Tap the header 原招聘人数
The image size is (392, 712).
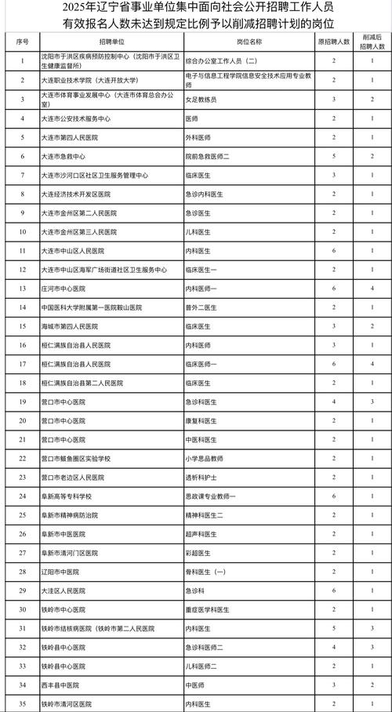(334, 38)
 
